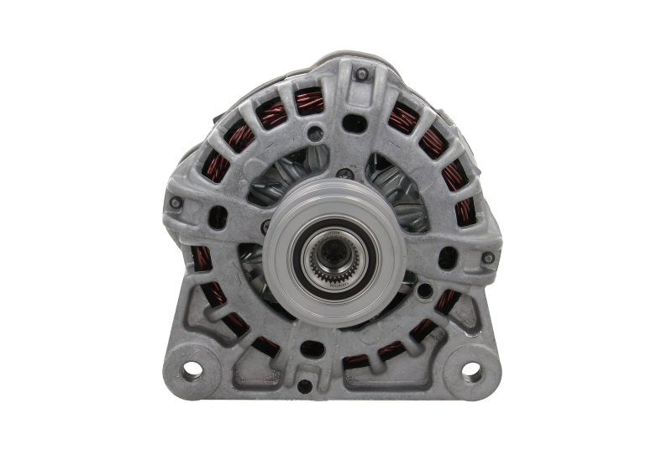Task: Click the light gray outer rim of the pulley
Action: coord(277,252)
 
